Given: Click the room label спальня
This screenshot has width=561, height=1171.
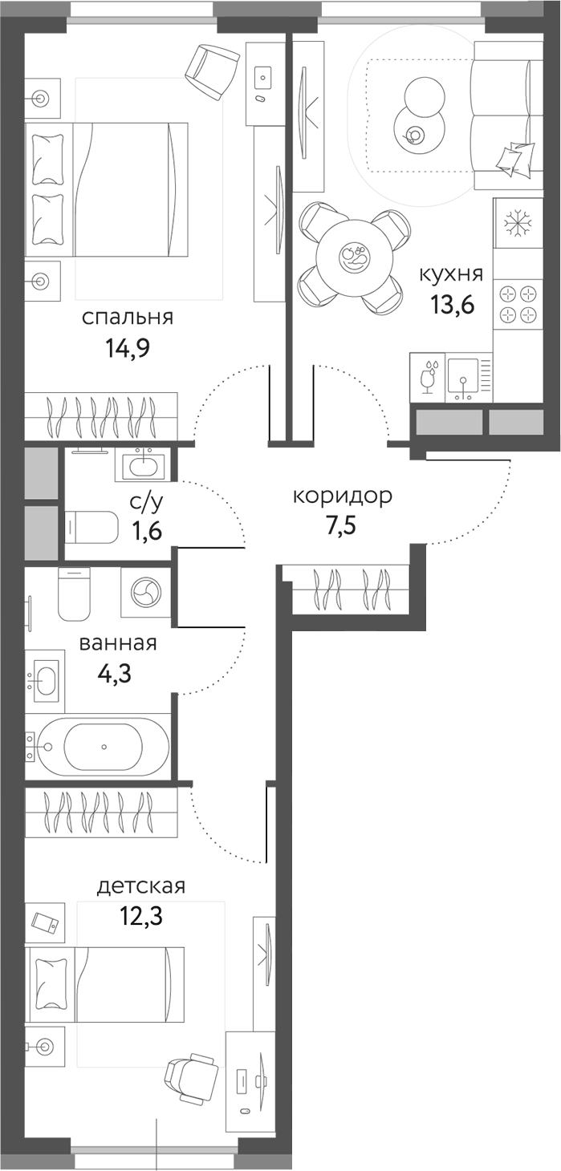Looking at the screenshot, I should (128, 318).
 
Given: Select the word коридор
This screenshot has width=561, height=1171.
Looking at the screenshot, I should (342, 496).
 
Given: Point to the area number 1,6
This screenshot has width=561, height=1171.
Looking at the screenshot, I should (147, 530).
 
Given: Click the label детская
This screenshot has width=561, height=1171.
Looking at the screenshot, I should (141, 886).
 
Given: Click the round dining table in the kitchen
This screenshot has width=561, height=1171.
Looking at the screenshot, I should (354, 257).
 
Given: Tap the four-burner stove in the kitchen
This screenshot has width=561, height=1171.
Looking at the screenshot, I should (514, 304).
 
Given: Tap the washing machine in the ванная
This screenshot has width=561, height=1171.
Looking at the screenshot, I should (147, 594).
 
